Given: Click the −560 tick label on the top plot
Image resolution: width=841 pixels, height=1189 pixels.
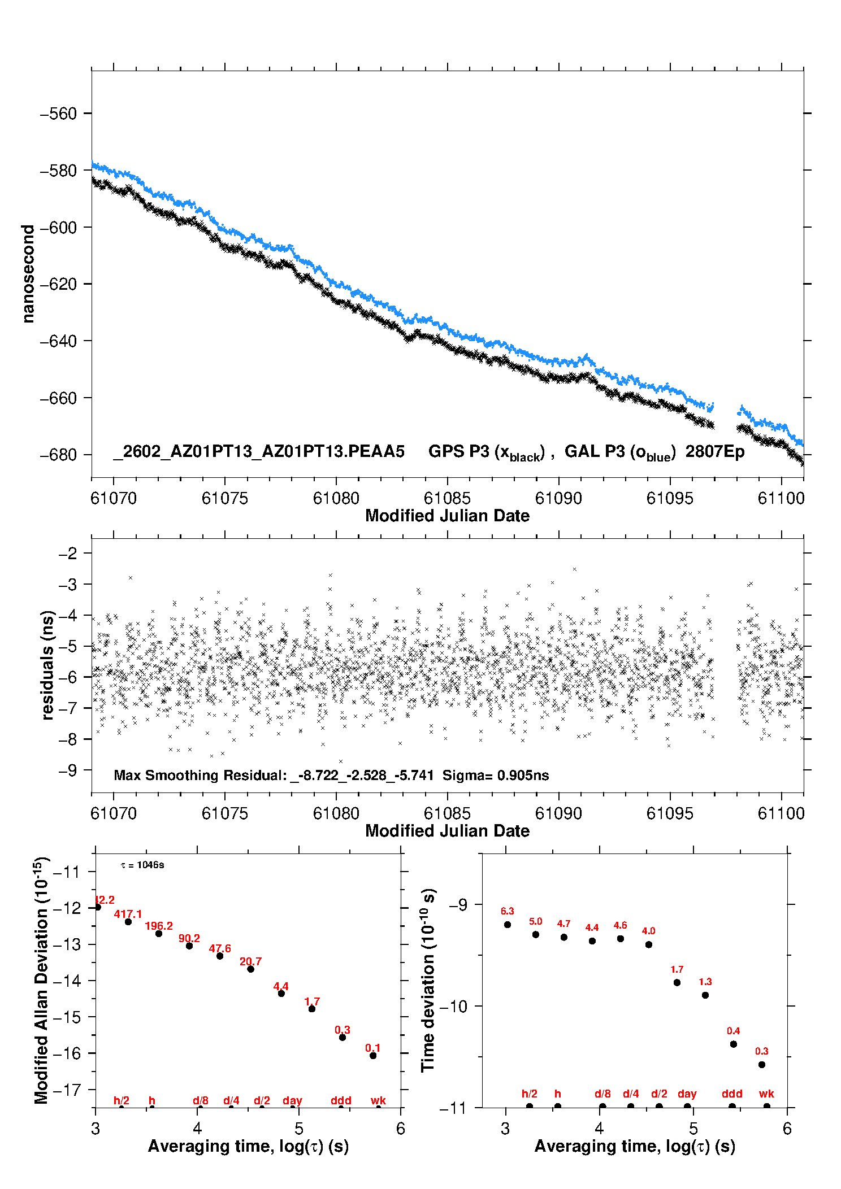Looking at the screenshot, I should tap(58, 114).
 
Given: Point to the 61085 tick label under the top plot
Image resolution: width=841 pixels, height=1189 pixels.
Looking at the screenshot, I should tap(446, 498).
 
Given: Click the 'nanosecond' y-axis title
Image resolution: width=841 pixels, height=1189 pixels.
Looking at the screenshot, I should tap(28, 274).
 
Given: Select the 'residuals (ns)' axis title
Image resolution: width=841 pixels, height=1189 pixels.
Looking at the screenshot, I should tap(47, 665).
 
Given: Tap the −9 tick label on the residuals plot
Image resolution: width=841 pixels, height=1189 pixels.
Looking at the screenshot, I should tap(68, 770).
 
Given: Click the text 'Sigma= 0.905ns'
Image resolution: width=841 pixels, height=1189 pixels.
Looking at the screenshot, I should tap(495, 775).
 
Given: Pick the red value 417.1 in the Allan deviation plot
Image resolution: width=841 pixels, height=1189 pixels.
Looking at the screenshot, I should tap(128, 914).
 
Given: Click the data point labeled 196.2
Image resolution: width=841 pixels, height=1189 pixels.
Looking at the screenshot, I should tap(159, 934).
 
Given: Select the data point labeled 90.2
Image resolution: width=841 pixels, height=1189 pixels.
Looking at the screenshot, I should tap(189, 946).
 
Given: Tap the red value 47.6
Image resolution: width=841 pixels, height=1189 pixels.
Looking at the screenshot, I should tap(220, 948).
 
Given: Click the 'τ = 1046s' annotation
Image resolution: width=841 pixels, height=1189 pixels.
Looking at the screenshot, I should tap(142, 865).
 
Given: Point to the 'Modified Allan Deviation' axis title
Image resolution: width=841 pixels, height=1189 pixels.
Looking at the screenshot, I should tap(42, 980).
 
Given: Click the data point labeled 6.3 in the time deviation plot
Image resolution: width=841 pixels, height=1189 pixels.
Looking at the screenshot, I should tap(508, 925).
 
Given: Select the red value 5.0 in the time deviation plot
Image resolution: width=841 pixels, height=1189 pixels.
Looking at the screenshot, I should tap(536, 921).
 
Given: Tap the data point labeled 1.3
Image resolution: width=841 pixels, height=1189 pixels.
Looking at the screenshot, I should tap(705, 995).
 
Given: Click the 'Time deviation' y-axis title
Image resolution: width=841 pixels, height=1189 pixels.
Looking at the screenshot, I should tap(428, 980).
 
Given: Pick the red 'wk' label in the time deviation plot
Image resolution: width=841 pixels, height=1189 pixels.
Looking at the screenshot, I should tap(766, 1094).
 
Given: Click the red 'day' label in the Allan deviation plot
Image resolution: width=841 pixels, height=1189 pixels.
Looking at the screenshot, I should tap(292, 1100).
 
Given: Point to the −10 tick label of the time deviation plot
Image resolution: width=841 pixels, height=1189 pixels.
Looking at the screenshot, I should tap(453, 1006).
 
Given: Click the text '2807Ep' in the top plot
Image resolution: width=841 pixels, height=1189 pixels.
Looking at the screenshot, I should tap(715, 451).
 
